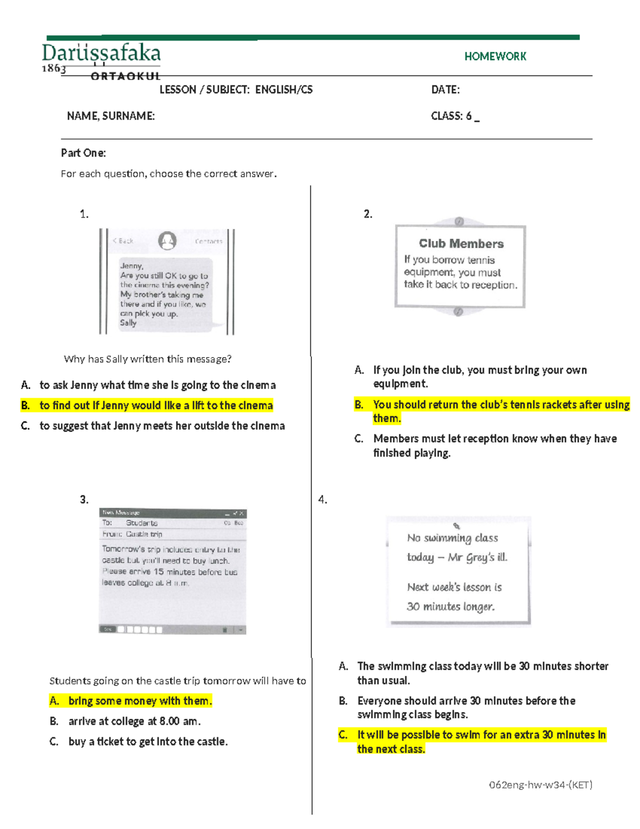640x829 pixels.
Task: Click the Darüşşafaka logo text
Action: [x=101, y=54]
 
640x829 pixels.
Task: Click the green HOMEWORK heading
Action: [x=495, y=57]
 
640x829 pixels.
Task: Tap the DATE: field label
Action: [x=445, y=90]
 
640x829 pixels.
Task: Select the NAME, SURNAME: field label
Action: [x=111, y=116]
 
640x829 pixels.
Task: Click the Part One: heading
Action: [x=83, y=153]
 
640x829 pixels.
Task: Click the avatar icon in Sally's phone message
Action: [x=167, y=241]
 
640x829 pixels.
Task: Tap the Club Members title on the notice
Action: [x=461, y=244]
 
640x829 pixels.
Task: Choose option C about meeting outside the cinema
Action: [x=162, y=426]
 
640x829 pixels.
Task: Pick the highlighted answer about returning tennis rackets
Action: [x=500, y=411]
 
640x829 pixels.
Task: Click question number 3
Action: [x=84, y=500]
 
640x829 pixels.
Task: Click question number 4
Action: [x=323, y=500]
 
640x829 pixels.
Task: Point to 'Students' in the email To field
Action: [x=141, y=523]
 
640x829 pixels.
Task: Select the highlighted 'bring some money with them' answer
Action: [x=139, y=701]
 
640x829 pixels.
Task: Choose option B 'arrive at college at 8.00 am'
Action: [x=134, y=722]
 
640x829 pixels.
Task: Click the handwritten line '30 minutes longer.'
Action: [x=451, y=607]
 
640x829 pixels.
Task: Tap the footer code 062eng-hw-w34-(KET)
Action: [x=540, y=785]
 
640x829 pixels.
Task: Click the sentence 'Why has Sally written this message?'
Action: [x=147, y=359]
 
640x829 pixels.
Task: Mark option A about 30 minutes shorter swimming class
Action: [x=482, y=673]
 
